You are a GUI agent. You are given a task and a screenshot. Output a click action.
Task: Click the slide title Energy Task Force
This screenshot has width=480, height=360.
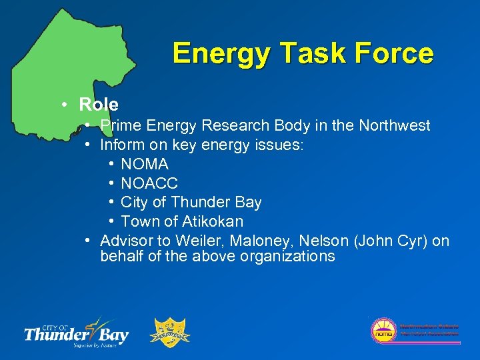point(303,53)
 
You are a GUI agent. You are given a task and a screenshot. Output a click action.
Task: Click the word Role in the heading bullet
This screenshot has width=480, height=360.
point(98,105)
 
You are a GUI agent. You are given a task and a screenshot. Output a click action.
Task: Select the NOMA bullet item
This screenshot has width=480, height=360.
point(145,164)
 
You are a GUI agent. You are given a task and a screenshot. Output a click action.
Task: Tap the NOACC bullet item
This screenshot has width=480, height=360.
point(149,183)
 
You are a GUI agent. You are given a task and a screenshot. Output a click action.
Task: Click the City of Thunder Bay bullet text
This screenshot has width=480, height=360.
point(191,202)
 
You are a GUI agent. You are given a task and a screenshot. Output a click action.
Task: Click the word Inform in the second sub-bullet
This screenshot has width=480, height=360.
point(119,145)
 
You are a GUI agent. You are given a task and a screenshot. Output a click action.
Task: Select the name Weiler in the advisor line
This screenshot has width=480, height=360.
point(196,241)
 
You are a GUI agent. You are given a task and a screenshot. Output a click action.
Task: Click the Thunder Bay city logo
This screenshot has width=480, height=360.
point(76,331)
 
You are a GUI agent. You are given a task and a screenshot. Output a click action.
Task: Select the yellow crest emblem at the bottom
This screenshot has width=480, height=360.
point(172,332)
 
